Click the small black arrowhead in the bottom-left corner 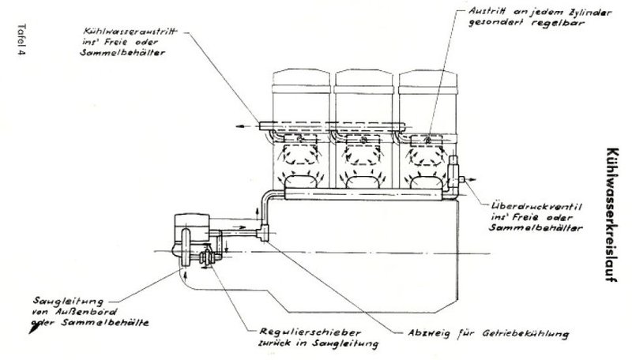32,333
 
